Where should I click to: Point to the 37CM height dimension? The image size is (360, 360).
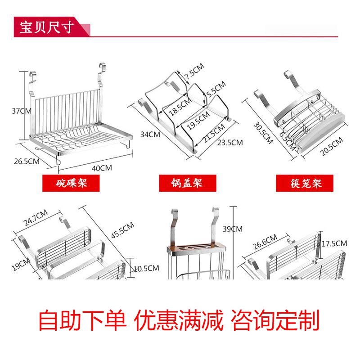click(x=22, y=110)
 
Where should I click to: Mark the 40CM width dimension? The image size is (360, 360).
click(x=102, y=168)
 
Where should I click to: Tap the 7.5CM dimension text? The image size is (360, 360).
click(x=193, y=71)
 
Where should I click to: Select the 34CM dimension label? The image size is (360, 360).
click(x=150, y=134)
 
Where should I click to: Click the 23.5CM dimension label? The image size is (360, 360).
click(x=230, y=143)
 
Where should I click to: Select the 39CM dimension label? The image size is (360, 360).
click(x=233, y=229)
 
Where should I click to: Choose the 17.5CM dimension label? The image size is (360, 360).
click(x=335, y=243)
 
